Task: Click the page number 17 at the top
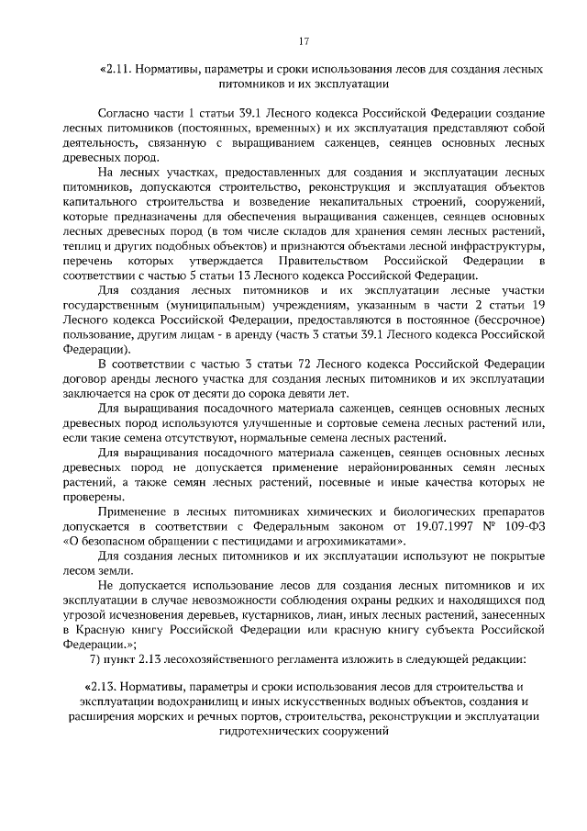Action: [303, 39]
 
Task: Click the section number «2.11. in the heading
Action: [116, 69]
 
